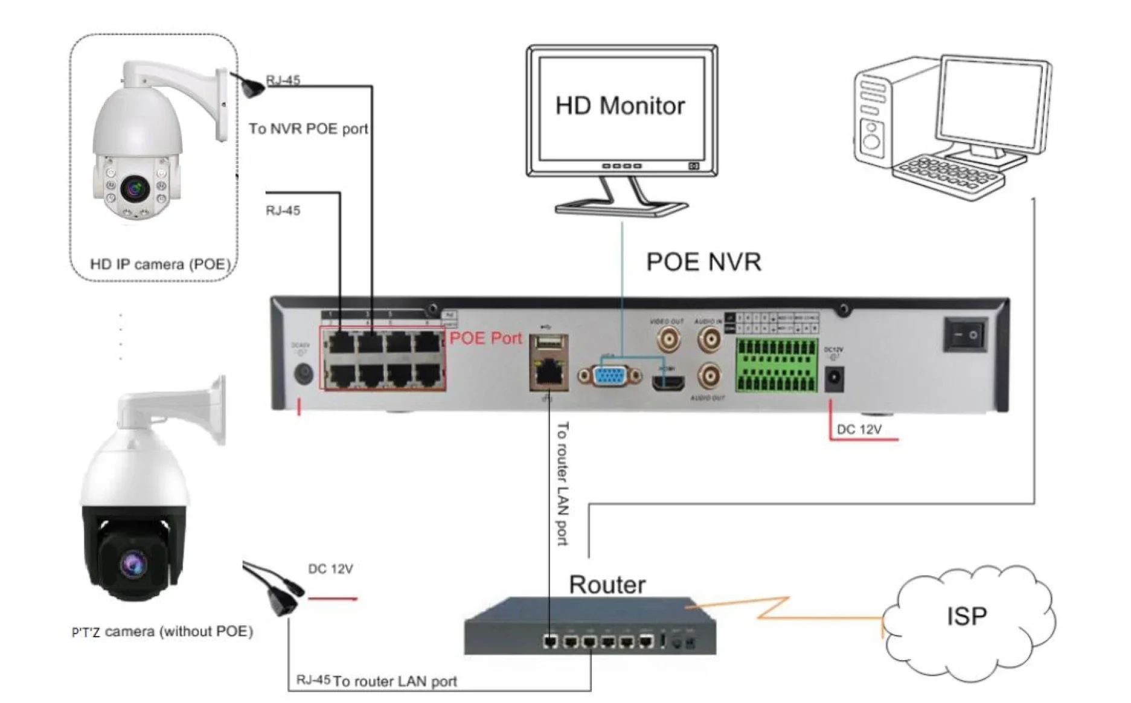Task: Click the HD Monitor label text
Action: (620, 106)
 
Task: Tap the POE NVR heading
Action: (703, 262)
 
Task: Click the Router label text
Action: (607, 585)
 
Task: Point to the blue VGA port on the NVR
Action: (610, 376)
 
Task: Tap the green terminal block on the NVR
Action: (776, 365)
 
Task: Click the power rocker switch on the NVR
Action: (966, 334)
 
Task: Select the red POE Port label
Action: (485, 338)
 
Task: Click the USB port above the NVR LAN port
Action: (547, 343)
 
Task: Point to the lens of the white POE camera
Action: (135, 188)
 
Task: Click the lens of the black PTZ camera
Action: (133, 565)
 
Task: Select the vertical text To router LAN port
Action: (562, 483)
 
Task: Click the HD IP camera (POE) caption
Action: (161, 265)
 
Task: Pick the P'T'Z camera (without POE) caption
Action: (162, 632)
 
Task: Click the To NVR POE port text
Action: (309, 129)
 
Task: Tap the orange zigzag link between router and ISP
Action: (779, 609)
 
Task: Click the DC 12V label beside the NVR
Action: (859, 429)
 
